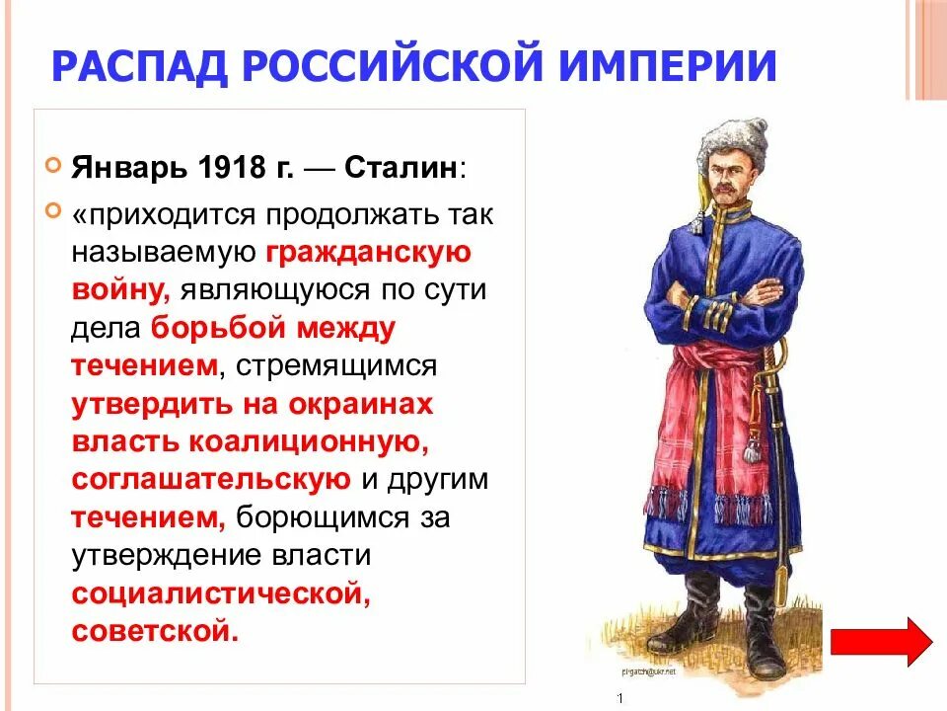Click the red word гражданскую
tap(368, 254)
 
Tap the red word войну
tap(121, 290)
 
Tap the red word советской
tap(154, 630)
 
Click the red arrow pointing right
tap(881, 641)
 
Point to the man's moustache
tap(726, 192)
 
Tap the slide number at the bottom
tap(619, 699)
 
